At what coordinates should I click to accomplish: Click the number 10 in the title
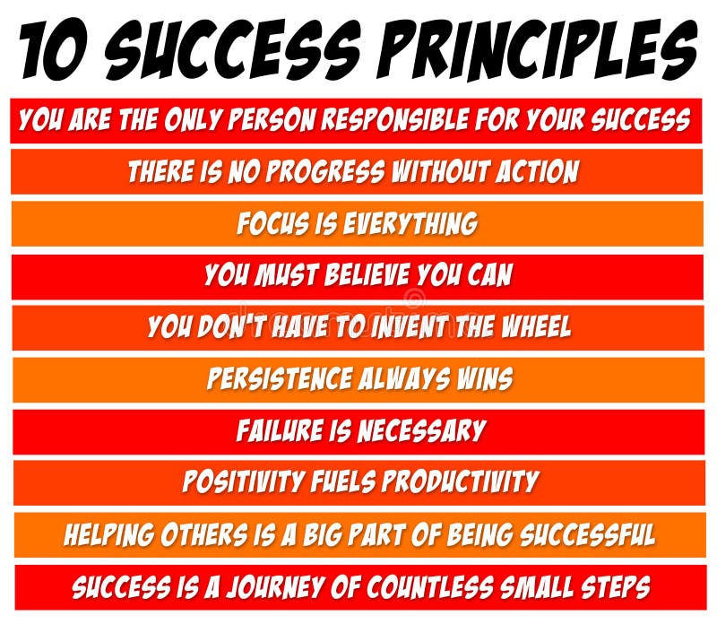coord(58,49)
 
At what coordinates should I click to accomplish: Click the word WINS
coord(482,378)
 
